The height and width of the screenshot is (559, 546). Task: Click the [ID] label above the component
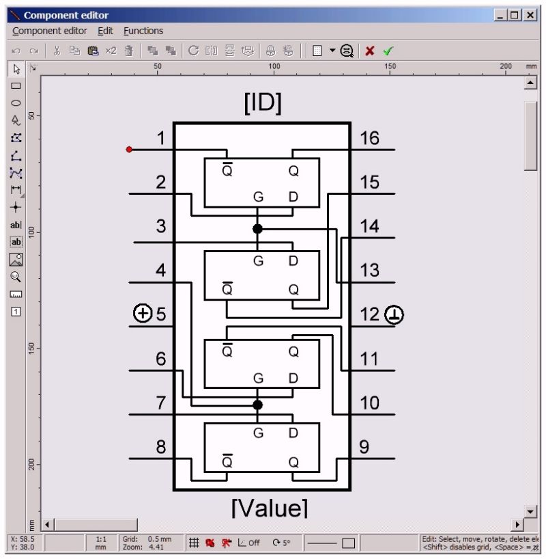coord(262,103)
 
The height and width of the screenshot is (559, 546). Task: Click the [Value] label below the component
coord(270,508)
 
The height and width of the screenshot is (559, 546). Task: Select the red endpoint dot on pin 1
coord(129,149)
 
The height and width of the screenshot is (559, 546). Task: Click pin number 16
coord(369,139)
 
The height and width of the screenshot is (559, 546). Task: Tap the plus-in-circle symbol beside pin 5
coord(142,314)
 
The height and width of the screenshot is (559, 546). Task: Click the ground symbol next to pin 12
coord(394,314)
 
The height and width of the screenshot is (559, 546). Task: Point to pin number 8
coord(160,447)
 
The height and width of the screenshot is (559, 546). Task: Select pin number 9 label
coord(364,447)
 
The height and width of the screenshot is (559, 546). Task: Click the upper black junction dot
coord(257,228)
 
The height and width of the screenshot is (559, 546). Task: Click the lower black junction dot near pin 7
coord(257,405)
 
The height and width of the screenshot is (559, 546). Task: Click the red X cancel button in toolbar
coord(369,51)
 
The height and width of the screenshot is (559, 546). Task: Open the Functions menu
coord(143,31)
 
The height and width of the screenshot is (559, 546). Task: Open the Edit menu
coord(105,31)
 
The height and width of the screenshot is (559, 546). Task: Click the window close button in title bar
coord(529,14)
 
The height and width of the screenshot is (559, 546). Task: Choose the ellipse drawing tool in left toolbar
coord(16,103)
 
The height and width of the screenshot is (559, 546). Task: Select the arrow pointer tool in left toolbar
coord(16,68)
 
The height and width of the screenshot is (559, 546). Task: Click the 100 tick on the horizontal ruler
coord(274,66)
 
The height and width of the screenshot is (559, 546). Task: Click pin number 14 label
coord(369,227)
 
